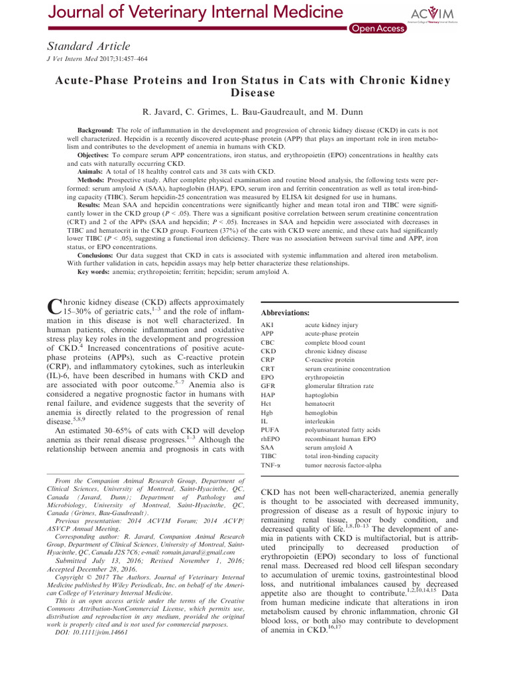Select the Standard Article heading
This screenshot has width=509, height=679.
[x=88, y=46]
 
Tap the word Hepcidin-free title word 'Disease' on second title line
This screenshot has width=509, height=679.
[x=254, y=93]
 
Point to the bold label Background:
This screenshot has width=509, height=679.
[x=98, y=131]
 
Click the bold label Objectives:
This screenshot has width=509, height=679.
[x=95, y=154]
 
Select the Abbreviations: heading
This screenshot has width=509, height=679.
[x=286, y=312]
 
